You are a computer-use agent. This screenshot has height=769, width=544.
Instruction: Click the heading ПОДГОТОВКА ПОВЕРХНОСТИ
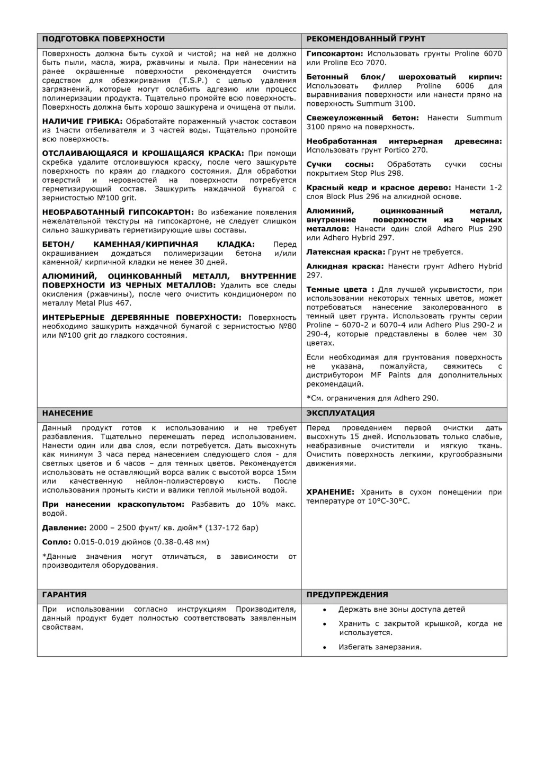click(x=103, y=39)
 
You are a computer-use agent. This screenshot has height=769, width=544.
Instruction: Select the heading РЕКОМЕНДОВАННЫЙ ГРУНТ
click(x=365, y=39)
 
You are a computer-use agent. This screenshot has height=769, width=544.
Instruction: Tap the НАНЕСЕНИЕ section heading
click(x=67, y=413)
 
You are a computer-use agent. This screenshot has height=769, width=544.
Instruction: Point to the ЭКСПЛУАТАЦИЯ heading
click(x=340, y=413)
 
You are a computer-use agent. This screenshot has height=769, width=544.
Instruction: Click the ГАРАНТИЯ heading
click(x=64, y=595)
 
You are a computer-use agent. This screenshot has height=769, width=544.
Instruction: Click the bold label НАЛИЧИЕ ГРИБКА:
click(x=83, y=121)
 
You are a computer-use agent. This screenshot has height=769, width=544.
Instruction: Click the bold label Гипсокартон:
click(x=335, y=53)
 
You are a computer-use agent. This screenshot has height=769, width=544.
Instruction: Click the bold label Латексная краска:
click(x=346, y=252)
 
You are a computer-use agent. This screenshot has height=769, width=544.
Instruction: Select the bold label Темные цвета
click(x=337, y=290)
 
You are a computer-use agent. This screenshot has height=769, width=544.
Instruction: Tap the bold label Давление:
click(x=64, y=527)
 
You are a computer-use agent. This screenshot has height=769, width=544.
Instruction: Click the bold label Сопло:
click(x=56, y=542)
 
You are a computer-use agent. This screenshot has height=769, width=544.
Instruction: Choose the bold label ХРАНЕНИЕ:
click(x=330, y=492)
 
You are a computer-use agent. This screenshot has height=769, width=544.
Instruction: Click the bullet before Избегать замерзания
click(x=325, y=647)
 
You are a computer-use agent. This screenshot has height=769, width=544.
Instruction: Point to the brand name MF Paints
click(x=390, y=375)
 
